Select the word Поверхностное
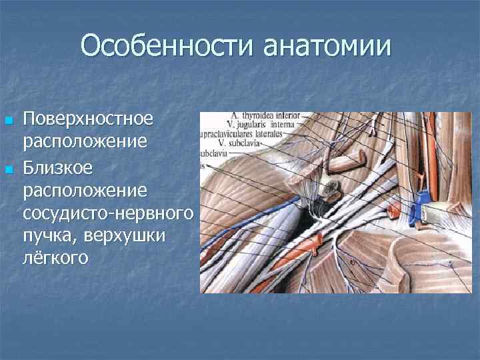(89, 120)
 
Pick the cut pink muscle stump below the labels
(355, 159)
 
